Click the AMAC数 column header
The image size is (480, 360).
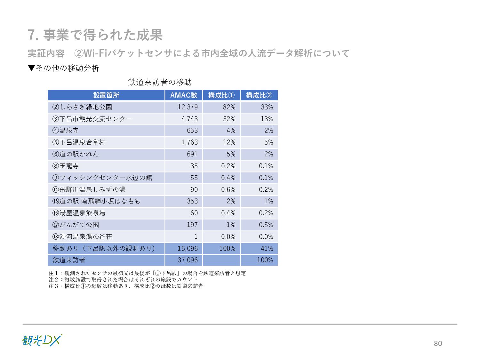tap(184, 95)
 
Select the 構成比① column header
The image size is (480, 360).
tap(221, 95)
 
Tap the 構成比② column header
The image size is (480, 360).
tap(259, 95)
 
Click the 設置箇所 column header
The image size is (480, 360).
tap(106, 95)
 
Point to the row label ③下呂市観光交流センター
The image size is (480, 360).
tap(92, 119)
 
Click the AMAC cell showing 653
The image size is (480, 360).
tap(192, 131)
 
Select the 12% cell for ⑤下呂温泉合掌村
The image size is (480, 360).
tap(229, 142)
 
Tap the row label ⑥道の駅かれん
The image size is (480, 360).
tap(76, 154)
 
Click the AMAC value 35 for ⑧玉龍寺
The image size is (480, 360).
tap(194, 166)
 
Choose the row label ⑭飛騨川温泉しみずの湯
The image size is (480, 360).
tap(89, 190)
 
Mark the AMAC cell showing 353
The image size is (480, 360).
tap(192, 201)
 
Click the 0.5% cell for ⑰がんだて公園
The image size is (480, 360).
tap(266, 225)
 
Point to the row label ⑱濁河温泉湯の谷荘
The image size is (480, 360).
tap(82, 237)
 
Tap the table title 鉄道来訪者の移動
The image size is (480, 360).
tap(160, 82)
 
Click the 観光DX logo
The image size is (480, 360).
tap(42, 340)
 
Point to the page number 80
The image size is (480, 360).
tap(438, 343)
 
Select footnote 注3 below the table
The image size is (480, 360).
tap(126, 286)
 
